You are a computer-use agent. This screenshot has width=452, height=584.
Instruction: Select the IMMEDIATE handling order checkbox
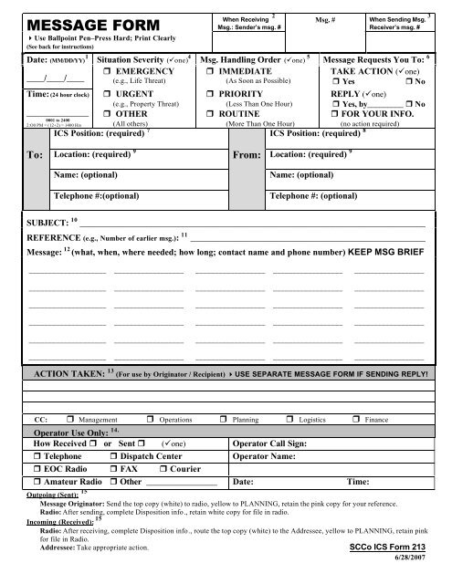point(209,70)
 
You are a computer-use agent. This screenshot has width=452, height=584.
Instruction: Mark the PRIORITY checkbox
point(209,93)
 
